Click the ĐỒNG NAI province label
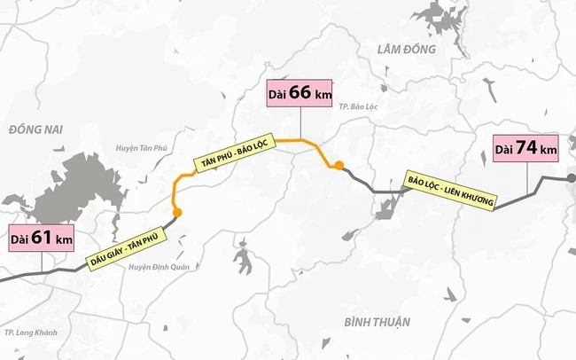[x=33, y=130]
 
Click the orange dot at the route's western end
[x=178, y=212]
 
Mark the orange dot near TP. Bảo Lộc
[x=338, y=164]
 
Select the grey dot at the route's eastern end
[x=571, y=178]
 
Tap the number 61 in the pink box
[x=43, y=239]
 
